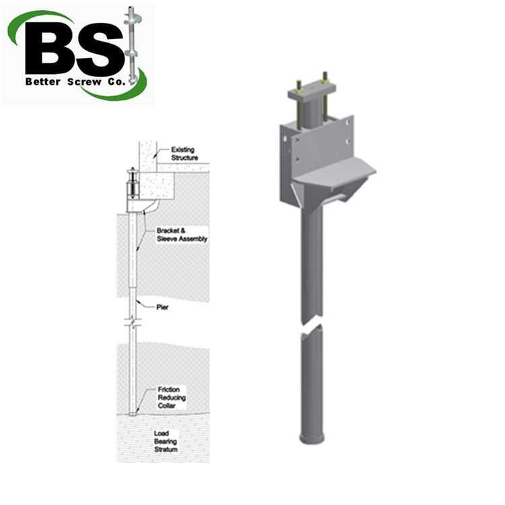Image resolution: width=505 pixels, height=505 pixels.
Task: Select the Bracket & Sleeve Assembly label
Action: [191, 234]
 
